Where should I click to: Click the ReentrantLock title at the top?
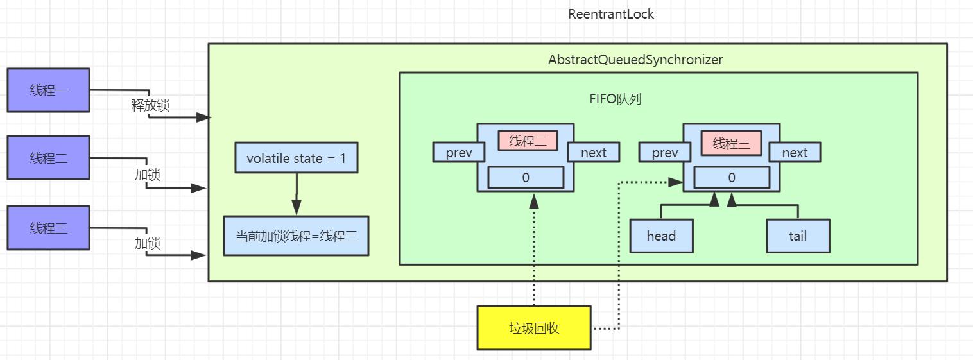click(x=611, y=14)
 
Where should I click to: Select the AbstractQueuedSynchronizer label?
click(x=635, y=60)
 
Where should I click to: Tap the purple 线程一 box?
click(x=48, y=90)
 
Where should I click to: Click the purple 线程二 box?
click(x=48, y=157)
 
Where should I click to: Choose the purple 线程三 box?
click(x=48, y=228)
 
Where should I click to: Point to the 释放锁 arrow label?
click(x=150, y=105)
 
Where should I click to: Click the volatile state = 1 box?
click(x=296, y=159)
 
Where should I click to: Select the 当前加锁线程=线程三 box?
click(x=296, y=236)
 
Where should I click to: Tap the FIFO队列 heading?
click(x=615, y=99)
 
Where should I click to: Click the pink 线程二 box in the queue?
click(x=528, y=141)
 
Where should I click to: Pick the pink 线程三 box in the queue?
click(x=731, y=143)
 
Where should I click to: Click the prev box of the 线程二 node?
click(x=458, y=153)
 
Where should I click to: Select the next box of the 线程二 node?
click(x=594, y=153)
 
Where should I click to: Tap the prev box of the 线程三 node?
click(x=665, y=153)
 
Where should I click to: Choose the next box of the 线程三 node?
click(x=795, y=153)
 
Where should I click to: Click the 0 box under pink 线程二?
click(x=526, y=177)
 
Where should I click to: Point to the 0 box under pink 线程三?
click(x=732, y=177)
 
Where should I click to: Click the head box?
click(x=661, y=236)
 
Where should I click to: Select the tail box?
click(x=798, y=236)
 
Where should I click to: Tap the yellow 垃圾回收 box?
click(x=534, y=328)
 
